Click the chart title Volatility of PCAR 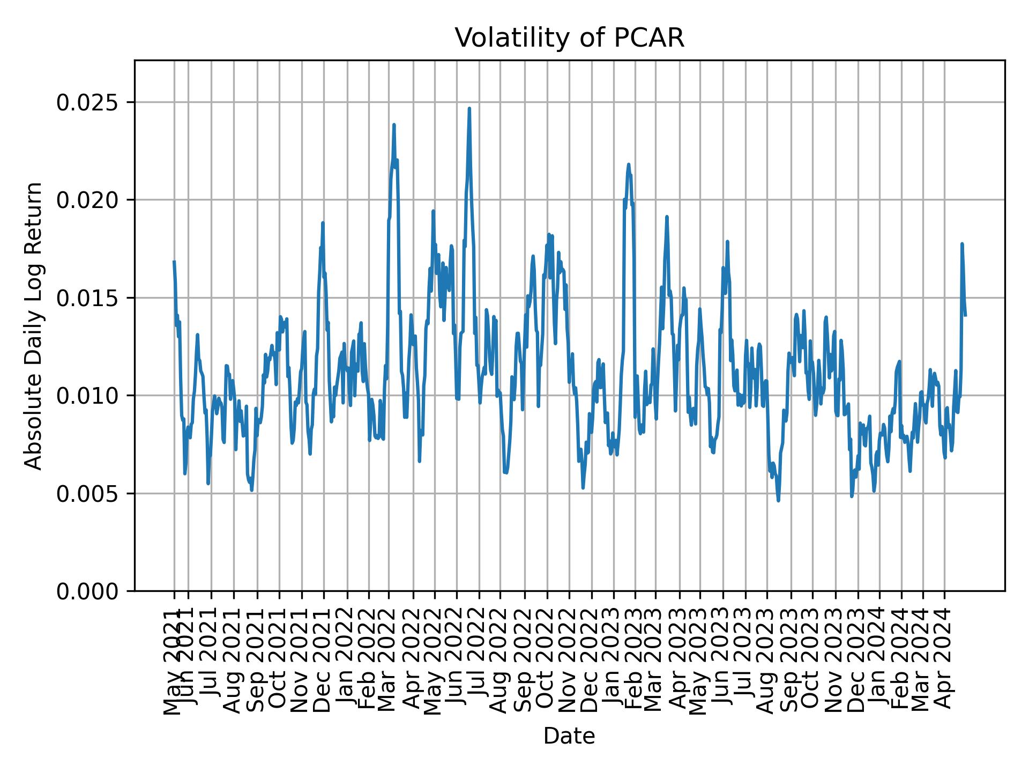click(569, 38)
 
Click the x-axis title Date click(569, 736)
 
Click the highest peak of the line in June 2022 click(469, 108)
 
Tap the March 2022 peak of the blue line click(394, 125)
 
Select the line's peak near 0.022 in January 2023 click(629, 165)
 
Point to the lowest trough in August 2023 click(778, 501)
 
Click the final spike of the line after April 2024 click(962, 244)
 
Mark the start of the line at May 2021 click(174, 262)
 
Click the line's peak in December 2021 click(323, 223)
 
